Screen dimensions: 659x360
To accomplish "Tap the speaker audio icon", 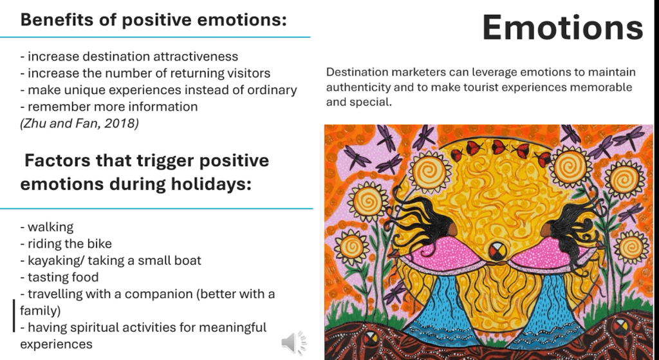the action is click(293, 343).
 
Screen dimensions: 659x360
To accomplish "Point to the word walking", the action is click(50, 227).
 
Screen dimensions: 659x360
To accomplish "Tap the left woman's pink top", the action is click(436, 252).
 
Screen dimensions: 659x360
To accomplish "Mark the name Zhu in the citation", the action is click(32, 123).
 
